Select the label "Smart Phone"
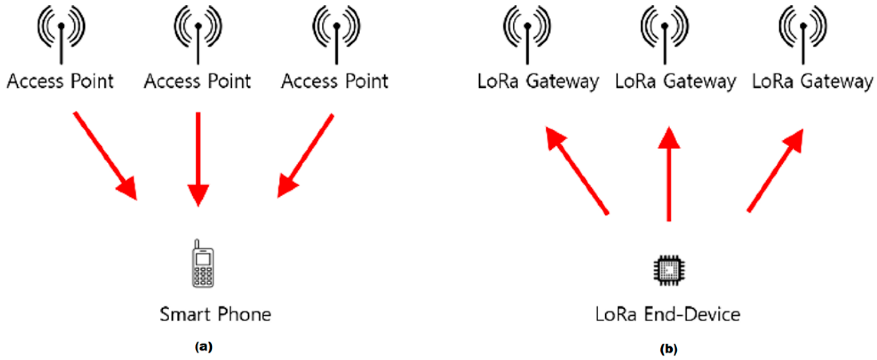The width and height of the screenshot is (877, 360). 216,314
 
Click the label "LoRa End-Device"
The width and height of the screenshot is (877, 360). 668,314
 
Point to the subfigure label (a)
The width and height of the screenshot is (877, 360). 204,347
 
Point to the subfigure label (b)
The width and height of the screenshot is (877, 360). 669,349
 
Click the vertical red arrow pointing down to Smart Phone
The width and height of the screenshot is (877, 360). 198,157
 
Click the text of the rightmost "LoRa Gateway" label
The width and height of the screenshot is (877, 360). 812,82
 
